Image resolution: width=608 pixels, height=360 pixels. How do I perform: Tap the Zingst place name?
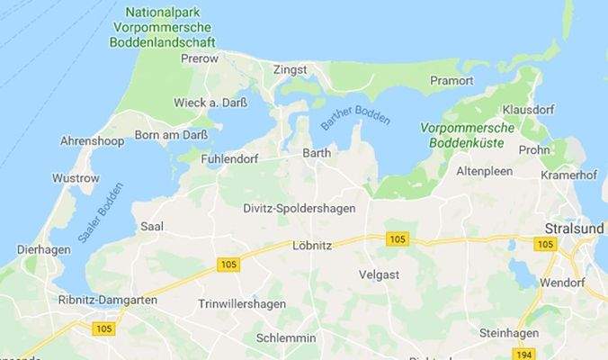pyautogui.click(x=291, y=69)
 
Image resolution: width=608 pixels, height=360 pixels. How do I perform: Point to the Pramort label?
pyautogui.click(x=452, y=80)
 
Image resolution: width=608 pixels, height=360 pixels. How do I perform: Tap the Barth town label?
pyautogui.click(x=317, y=153)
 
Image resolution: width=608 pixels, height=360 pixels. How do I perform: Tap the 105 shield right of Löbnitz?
pyautogui.click(x=396, y=238)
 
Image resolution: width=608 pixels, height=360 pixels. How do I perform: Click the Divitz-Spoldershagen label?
pyautogui.click(x=300, y=209)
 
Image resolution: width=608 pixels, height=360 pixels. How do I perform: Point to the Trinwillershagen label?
pyautogui.click(x=241, y=304)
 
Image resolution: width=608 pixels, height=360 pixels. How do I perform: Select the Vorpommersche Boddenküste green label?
pyautogui.click(x=468, y=135)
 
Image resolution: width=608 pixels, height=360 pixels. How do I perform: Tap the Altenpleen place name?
pyautogui.click(x=484, y=170)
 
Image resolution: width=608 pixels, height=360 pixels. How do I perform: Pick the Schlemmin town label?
pyautogui.click(x=286, y=337)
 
